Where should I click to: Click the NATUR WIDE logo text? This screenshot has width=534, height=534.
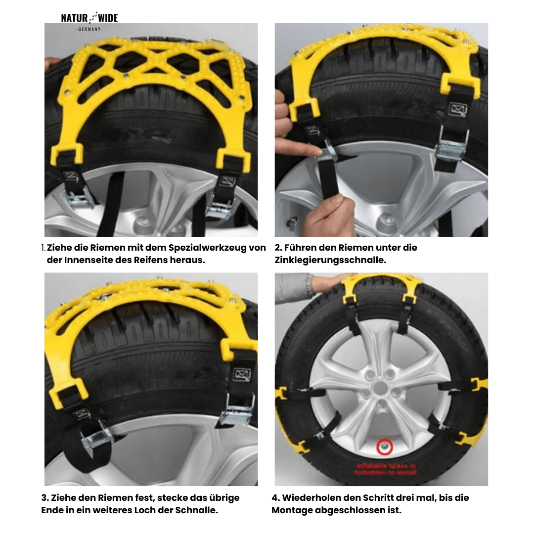pos(89,18)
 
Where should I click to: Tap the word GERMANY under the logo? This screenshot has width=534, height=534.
pos(89,30)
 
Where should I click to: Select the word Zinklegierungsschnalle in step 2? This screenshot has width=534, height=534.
pos(330,260)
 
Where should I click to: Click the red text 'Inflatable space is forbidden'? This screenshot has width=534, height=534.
pos(386,469)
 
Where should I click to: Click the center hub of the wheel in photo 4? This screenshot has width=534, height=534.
pos(380,389)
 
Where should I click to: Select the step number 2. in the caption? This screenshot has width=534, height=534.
pos(278,247)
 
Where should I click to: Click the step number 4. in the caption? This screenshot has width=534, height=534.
pos(276,497)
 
